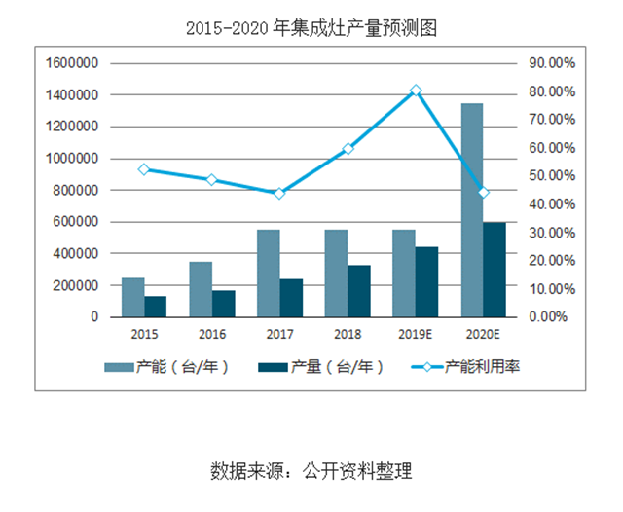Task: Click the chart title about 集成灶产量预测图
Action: (311, 28)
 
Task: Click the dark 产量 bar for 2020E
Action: (495, 270)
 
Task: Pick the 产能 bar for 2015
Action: (132, 297)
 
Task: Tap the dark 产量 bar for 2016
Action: (224, 304)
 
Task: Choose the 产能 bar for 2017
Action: (269, 274)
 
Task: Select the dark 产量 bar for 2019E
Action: (426, 282)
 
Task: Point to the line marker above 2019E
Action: (416, 91)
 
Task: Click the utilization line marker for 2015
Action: (144, 169)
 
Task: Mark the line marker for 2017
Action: (279, 193)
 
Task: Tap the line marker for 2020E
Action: (483, 193)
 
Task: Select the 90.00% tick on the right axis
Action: (551, 63)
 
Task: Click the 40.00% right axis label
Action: (551, 204)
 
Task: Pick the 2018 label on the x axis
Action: (348, 334)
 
